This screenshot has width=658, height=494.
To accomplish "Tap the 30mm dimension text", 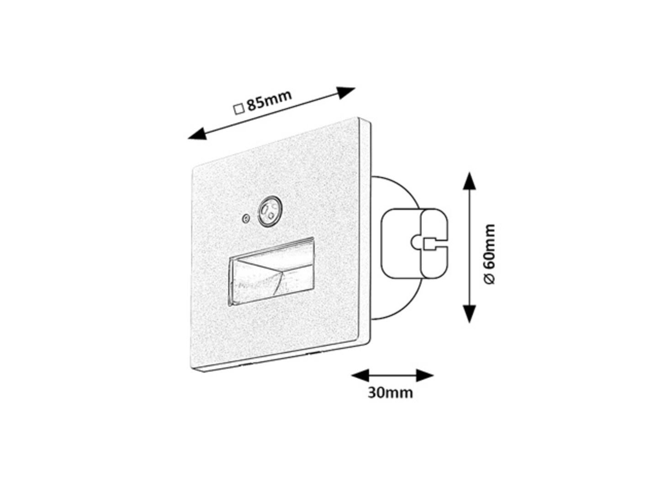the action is (390, 392).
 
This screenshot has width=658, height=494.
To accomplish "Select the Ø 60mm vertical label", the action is (489, 254).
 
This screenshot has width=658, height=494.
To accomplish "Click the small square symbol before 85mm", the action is (239, 109).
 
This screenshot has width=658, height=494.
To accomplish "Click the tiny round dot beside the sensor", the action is (246, 219).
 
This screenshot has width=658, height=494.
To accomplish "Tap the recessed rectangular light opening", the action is (271, 272).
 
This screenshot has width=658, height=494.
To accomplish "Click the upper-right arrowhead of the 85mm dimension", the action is (346, 93).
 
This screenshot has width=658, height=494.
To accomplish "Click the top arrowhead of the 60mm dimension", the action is (469, 181).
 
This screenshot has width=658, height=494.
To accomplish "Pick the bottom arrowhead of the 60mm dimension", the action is (469, 314).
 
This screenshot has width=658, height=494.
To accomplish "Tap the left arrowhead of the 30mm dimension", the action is (360, 375).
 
